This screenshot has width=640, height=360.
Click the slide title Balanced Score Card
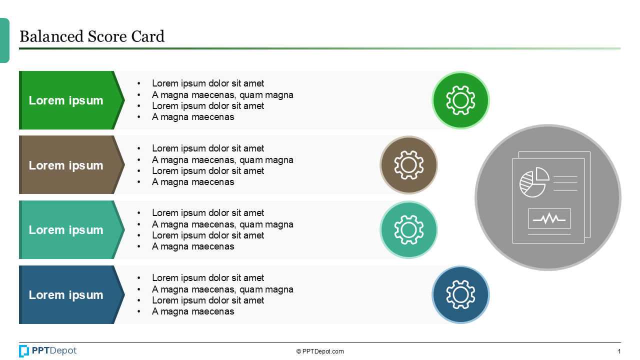point(91,36)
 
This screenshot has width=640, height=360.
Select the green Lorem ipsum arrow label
point(66,100)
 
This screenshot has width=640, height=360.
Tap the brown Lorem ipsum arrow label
point(66,165)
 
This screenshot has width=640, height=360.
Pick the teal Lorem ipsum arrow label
point(66,230)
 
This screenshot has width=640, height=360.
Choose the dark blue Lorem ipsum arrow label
point(66,295)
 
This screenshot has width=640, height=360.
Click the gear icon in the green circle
point(460,100)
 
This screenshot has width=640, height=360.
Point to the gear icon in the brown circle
point(408,165)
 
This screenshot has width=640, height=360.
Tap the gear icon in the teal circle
point(408,230)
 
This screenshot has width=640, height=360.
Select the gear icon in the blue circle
point(460,294)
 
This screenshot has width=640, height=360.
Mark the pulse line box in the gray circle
point(549,218)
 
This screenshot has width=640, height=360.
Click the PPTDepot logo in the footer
point(48,351)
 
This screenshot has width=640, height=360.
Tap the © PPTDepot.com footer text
point(320,351)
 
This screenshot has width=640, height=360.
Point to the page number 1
point(619,351)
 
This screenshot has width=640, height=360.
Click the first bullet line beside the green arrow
point(208,83)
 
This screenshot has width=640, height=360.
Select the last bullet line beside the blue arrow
point(193,311)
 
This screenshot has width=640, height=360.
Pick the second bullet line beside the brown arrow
point(222,160)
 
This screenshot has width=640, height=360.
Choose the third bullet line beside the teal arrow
point(208,235)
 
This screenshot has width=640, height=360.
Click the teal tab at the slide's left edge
point(4,40)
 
